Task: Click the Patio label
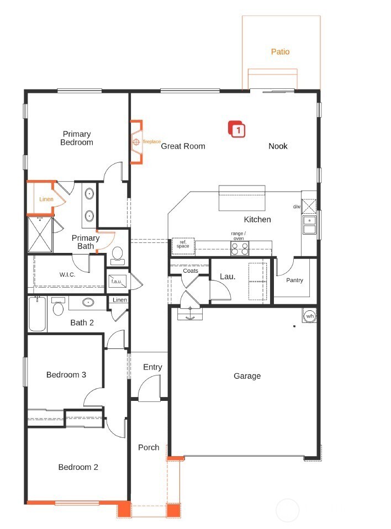(280, 52)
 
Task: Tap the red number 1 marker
(237, 130)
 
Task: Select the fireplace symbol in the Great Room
(136, 142)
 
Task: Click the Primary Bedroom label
(77, 138)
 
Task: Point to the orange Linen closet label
(46, 199)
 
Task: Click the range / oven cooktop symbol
(239, 248)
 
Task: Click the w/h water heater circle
(309, 316)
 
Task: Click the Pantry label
(294, 280)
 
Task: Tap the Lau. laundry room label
(228, 276)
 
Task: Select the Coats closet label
(191, 271)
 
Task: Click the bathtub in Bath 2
(37, 314)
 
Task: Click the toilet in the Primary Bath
(117, 253)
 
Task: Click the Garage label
(247, 376)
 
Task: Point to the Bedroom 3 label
(66, 375)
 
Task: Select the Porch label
(149, 447)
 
